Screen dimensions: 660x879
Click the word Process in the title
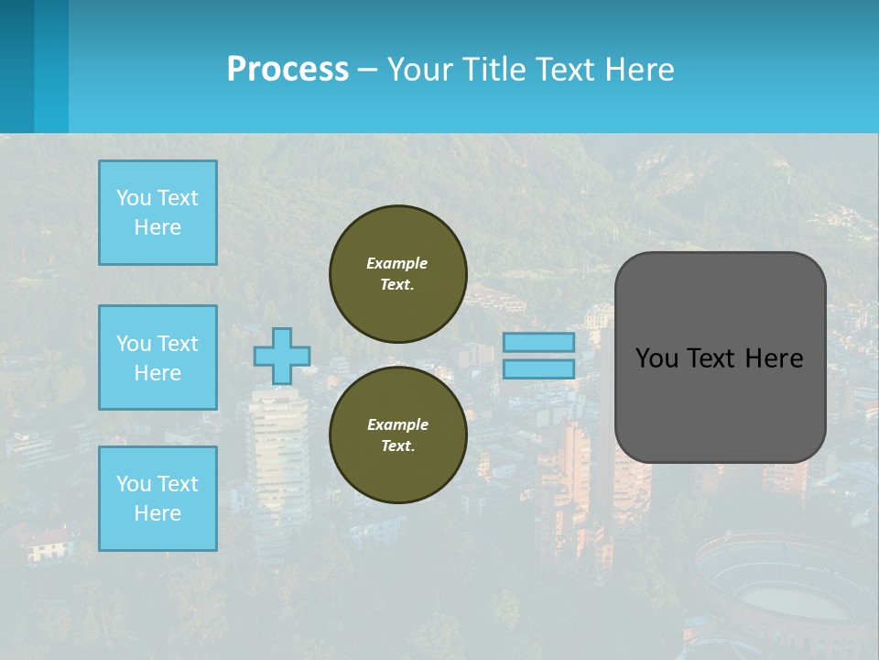coord(288,70)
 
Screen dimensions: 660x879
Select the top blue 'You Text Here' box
coord(157,213)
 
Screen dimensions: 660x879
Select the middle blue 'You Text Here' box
coord(157,357)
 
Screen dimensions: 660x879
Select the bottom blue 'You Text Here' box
coord(157,499)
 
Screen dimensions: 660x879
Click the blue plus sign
coord(282,356)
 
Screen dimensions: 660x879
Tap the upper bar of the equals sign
coord(538,343)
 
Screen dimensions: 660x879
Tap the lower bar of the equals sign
coord(538,369)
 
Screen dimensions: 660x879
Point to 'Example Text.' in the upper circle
coord(397,273)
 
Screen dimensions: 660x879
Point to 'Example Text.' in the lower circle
coord(397,434)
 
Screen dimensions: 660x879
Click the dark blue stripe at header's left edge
coord(16,66)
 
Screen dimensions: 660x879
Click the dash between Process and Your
coord(368,71)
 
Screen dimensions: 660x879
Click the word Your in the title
coord(420,70)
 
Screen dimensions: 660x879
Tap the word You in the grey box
coord(657,358)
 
